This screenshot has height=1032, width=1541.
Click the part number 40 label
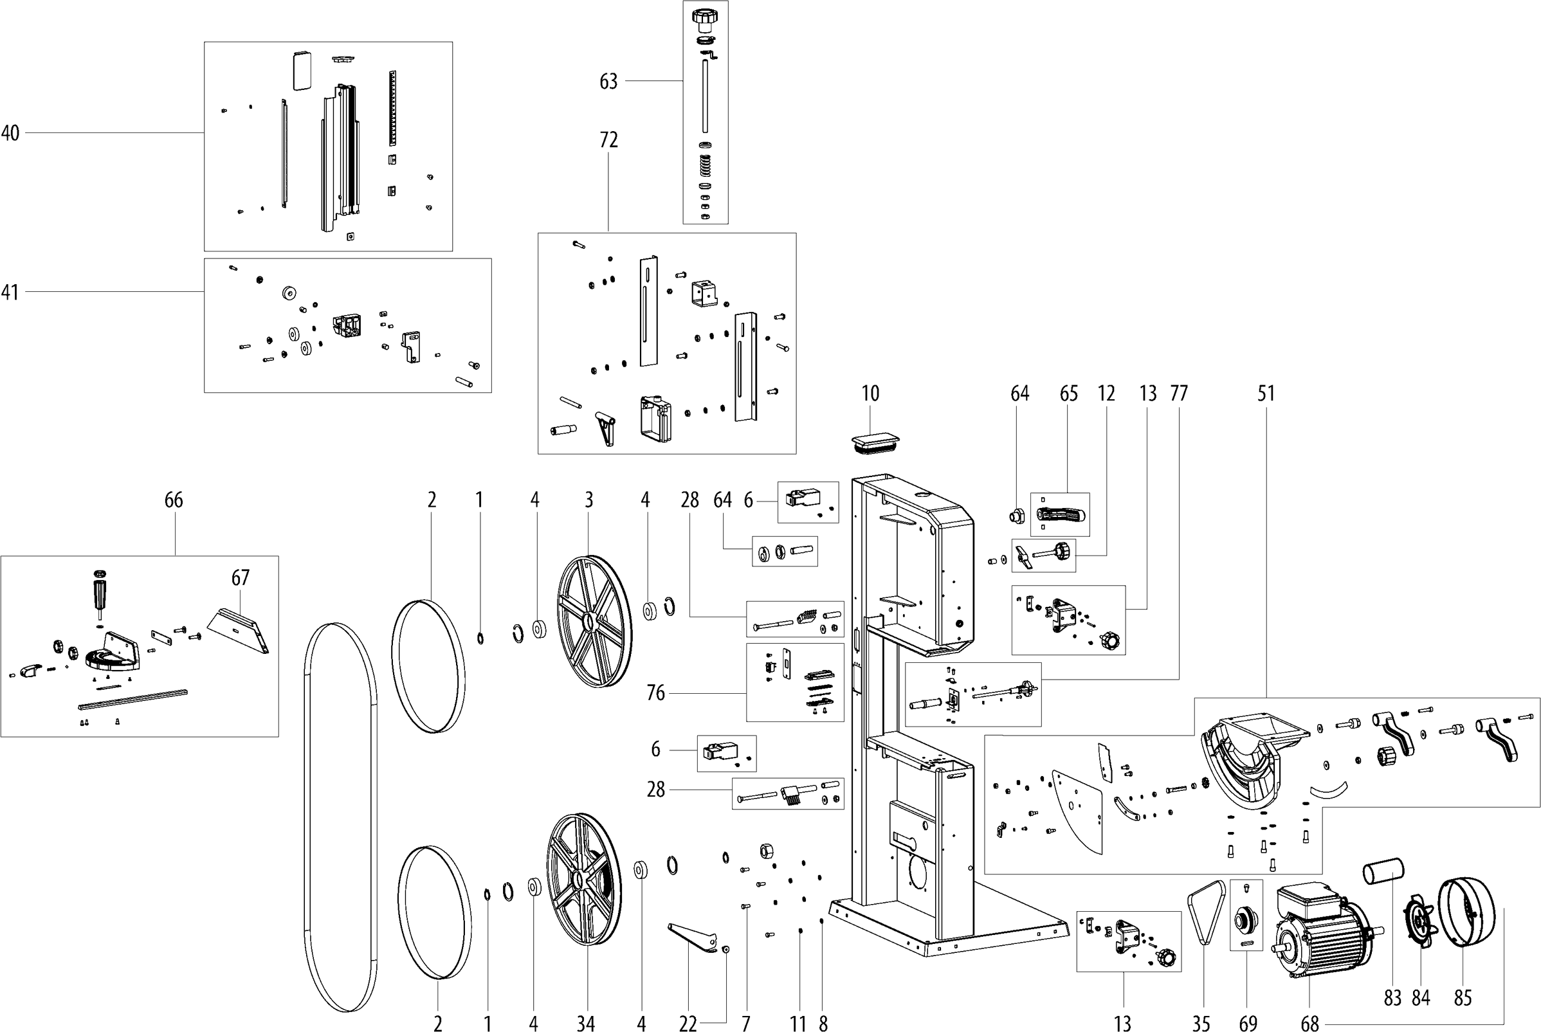10,134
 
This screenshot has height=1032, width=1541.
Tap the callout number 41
10,292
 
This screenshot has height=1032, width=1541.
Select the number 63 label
608,82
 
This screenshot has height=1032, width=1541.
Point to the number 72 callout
608,140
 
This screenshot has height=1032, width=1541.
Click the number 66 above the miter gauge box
174,500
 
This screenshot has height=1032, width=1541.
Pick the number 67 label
241,578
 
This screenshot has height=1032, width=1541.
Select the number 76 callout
655,693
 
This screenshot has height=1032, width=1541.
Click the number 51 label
1266,394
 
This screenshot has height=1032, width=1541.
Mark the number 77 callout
1178,394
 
